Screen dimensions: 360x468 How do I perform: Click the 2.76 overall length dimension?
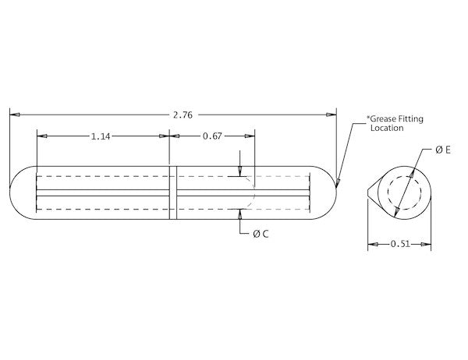183,115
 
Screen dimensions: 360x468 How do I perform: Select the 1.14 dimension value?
100,136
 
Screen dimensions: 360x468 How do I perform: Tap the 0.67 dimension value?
212,136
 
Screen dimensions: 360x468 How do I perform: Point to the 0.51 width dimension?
399,244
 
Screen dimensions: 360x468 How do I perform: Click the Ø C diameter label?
261,234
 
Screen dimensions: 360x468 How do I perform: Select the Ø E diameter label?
444,150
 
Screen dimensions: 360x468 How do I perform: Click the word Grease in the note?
385,119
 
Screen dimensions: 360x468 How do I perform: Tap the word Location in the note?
387,128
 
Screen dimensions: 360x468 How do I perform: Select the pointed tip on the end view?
368,192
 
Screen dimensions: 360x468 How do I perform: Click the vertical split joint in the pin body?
173,192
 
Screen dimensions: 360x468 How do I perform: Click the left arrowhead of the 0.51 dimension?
372,244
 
